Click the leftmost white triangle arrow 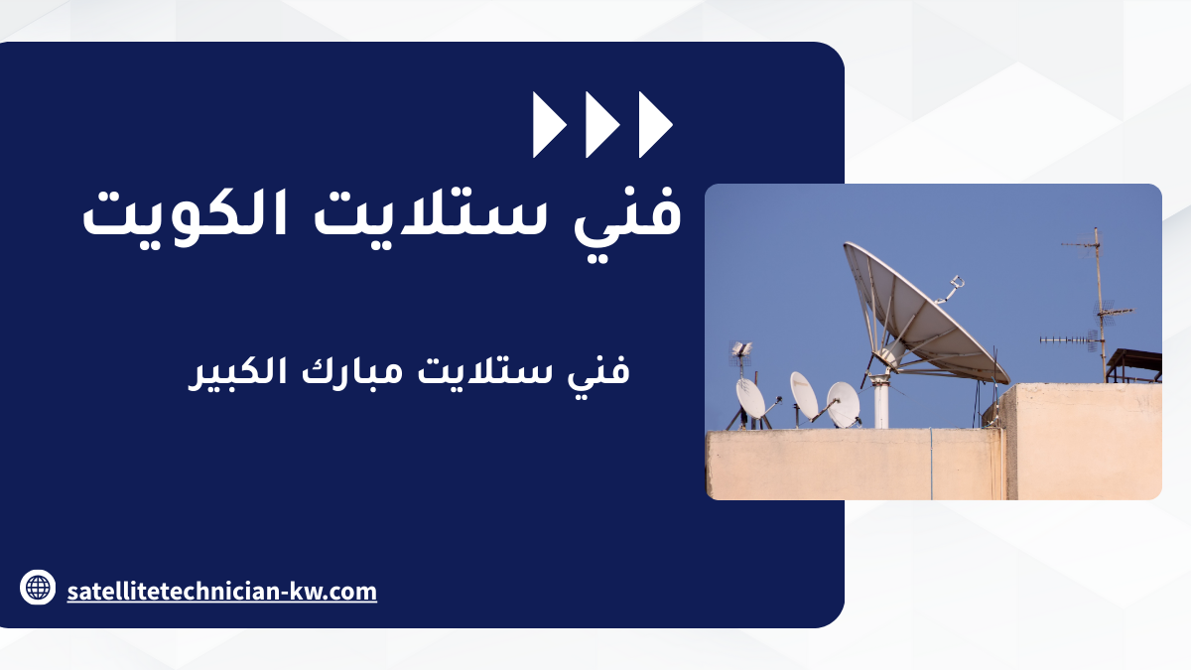547,125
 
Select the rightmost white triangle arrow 653,125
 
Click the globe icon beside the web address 38,587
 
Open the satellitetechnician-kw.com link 222,592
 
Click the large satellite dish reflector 924,314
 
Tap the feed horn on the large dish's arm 957,282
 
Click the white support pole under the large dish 881,403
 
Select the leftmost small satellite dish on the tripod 750,398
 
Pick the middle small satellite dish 803,395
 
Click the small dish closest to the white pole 844,404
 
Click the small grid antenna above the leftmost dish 741,351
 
